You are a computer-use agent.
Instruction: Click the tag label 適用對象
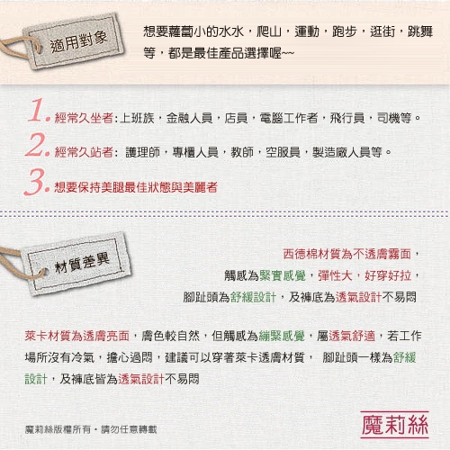point(78,42)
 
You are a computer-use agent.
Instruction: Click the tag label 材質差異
point(82,263)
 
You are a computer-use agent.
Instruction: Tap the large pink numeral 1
point(39,111)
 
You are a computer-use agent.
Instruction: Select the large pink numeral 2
point(37,145)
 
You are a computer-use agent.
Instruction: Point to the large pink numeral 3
point(37,181)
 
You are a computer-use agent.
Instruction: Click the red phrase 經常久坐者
point(84,118)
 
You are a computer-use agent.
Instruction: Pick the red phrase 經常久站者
point(84,152)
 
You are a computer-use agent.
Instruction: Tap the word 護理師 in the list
point(143,152)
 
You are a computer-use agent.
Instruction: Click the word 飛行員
point(347,118)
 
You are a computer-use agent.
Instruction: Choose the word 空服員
point(283,152)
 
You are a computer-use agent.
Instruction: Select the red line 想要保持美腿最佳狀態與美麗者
point(136,187)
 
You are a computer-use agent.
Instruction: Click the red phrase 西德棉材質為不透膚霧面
point(347,254)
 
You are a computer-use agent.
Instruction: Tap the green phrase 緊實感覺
point(283,275)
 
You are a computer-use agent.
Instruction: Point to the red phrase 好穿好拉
point(388,275)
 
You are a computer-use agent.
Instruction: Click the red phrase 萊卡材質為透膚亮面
point(77,336)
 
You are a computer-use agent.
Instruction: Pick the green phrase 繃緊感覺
point(282,336)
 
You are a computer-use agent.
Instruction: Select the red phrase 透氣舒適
point(352,336)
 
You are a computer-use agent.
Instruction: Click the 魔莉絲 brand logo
point(395,425)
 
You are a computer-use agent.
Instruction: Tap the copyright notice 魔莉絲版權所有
point(58,429)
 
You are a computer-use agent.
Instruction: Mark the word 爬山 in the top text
point(269,31)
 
